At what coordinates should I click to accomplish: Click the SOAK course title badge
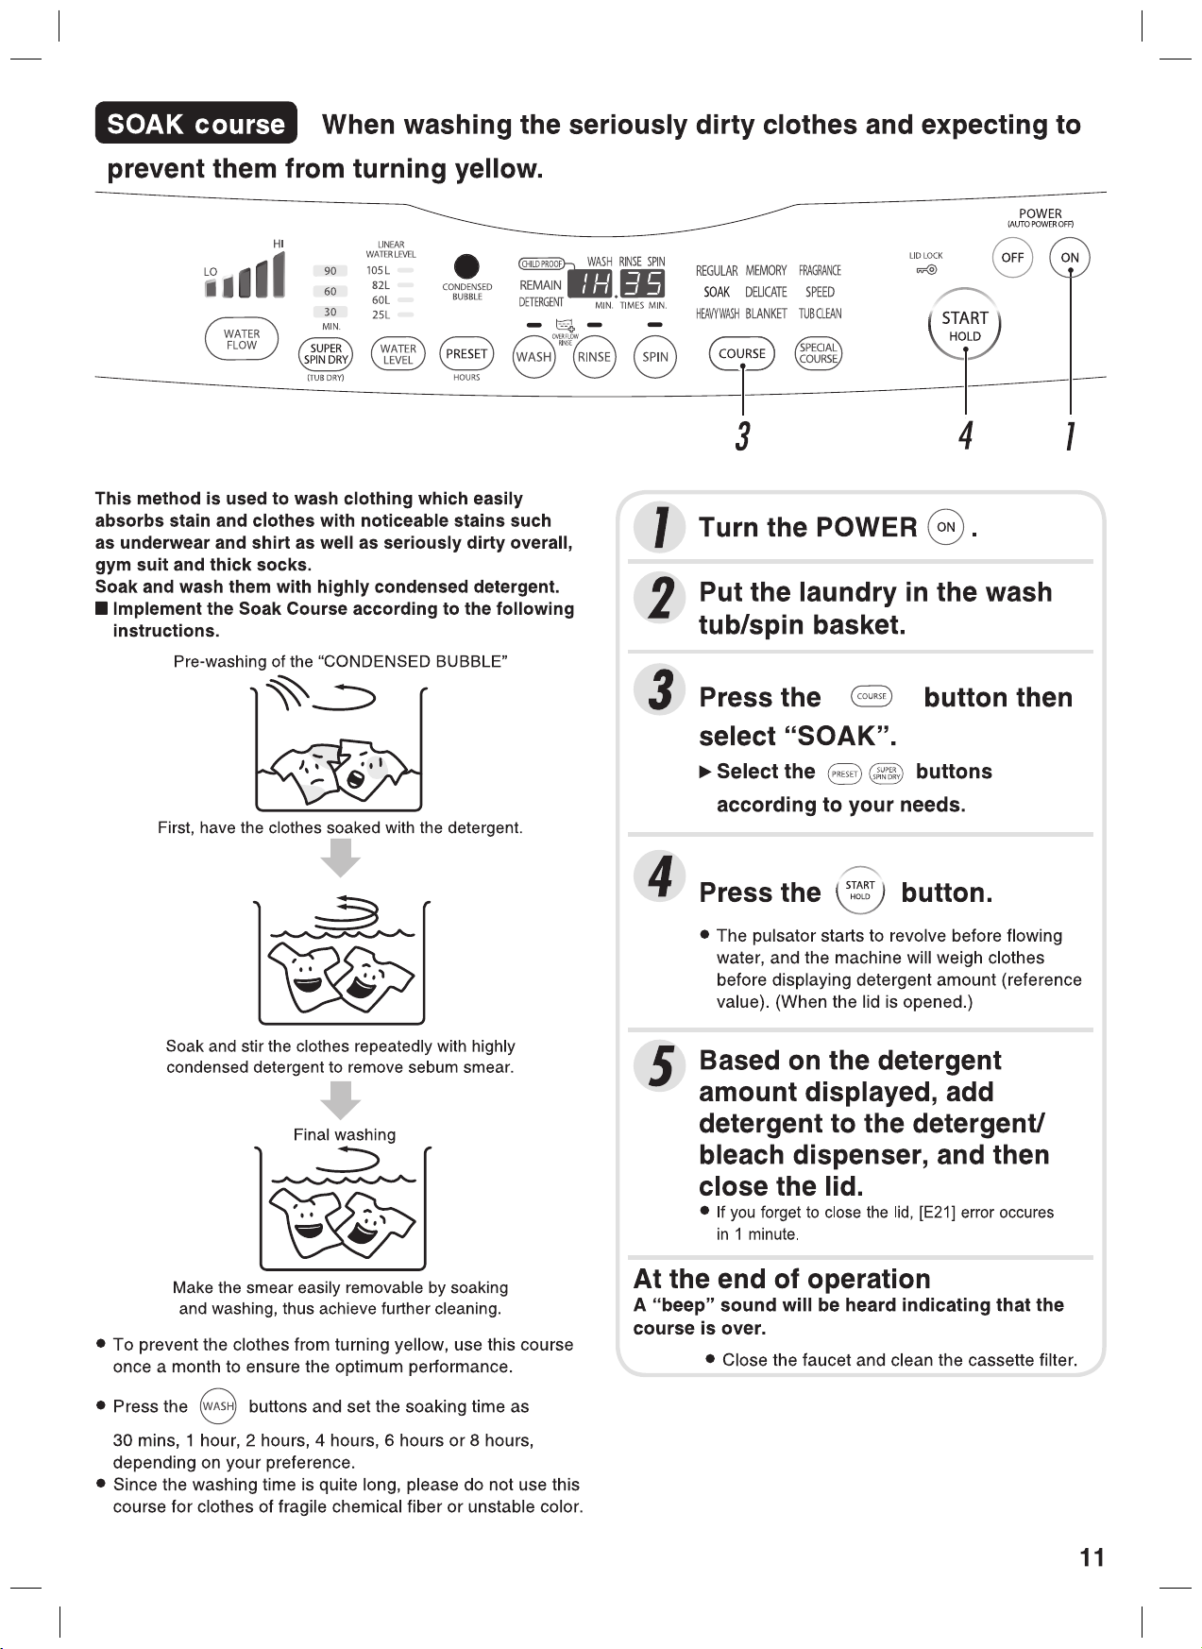point(196,124)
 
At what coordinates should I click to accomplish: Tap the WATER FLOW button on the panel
point(242,340)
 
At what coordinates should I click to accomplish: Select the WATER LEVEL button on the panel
point(398,355)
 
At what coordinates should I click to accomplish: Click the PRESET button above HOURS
point(466,354)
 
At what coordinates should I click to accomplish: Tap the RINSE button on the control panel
point(594,357)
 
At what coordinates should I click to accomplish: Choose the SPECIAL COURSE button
point(819,354)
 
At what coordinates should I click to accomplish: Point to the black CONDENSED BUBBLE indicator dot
point(466,267)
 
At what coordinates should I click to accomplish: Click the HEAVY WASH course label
point(718,314)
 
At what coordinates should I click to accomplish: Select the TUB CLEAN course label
point(820,314)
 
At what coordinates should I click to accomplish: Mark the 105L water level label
point(378,270)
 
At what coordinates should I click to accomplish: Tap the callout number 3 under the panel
point(743,435)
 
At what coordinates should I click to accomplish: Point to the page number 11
point(1092,1558)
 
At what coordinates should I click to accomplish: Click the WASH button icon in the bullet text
point(218,1406)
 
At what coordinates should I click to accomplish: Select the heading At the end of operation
point(782,1280)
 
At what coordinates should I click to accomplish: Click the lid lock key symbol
point(925,270)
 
